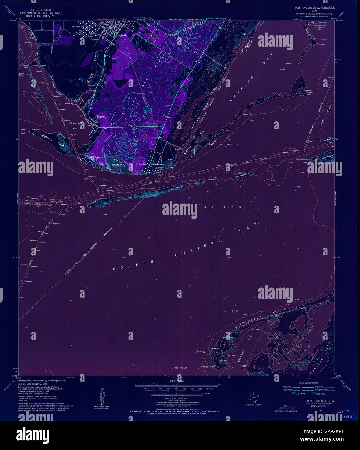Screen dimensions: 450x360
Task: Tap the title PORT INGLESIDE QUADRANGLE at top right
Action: pos(314,7)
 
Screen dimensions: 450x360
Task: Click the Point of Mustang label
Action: pos(302,159)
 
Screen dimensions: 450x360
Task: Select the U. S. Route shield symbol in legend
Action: pos(293,394)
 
